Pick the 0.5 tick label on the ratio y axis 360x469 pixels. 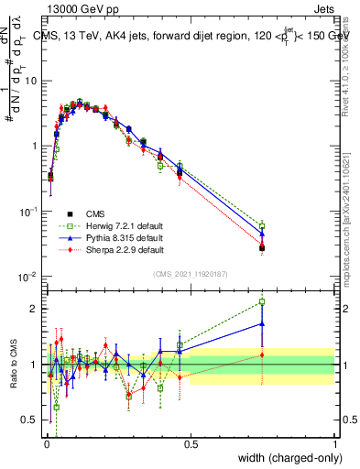tap(31, 420)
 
